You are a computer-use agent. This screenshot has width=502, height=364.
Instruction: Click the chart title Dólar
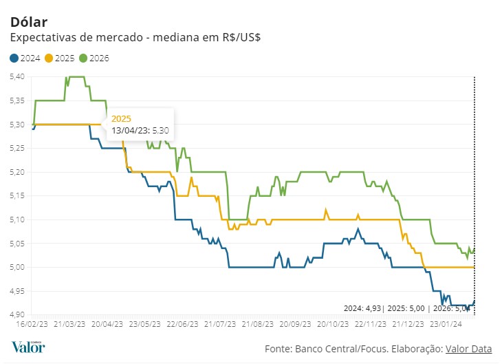coord(29,22)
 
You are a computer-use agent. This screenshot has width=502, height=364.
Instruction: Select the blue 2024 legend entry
coord(25,58)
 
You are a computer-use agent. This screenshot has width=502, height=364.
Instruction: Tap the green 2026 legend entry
coord(94,58)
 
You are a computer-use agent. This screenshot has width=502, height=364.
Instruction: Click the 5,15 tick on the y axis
coord(17,195)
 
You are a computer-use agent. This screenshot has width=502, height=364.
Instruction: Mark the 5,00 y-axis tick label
coord(17,267)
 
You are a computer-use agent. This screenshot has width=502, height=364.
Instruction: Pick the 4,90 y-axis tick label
coord(17,314)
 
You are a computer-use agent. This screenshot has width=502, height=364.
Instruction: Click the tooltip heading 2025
coord(121,118)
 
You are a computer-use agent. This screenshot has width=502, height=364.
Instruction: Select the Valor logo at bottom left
coord(28,347)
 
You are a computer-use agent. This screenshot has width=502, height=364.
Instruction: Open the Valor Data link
coord(474,350)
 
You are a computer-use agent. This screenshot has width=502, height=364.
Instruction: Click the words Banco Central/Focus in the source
coord(336,350)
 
